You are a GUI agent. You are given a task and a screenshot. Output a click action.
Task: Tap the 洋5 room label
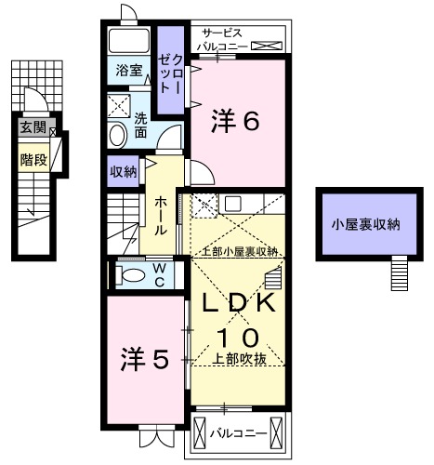[143, 357]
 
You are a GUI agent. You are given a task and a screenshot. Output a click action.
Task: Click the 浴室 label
[129, 71]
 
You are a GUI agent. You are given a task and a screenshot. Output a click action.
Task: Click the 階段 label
[33, 160]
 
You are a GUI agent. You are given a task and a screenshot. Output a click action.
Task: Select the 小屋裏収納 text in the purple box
[367, 223]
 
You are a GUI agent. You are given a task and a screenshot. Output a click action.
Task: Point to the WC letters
[160, 275]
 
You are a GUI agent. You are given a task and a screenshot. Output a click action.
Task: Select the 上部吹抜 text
[238, 360]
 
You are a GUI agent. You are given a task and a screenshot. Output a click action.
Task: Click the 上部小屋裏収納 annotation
[237, 251]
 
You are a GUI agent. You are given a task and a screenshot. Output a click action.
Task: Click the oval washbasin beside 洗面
[118, 135]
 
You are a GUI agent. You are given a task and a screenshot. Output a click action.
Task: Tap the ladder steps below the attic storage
[399, 273]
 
